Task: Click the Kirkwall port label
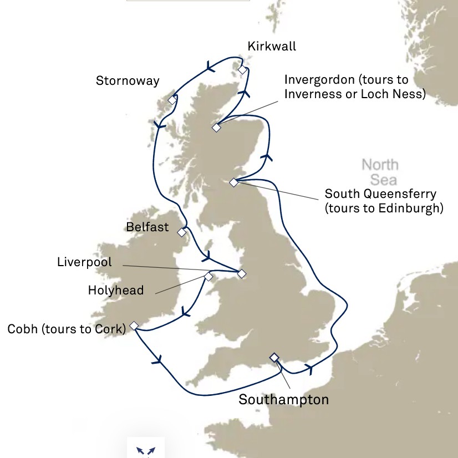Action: (272, 46)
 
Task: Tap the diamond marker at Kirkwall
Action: (242, 70)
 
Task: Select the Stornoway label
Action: (128, 81)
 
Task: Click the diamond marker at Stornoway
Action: (172, 100)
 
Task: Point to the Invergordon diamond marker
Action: (216, 128)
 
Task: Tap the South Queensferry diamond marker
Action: (233, 182)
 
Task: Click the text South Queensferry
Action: (380, 194)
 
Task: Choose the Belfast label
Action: (147, 227)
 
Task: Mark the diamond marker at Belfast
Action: (182, 232)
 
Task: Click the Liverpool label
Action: (84, 262)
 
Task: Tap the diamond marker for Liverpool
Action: (241, 273)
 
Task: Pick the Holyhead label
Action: (116, 290)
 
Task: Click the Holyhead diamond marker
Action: (208, 276)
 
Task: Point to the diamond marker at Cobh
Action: (134, 325)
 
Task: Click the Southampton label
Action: (283, 399)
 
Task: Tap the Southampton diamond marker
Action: (274, 357)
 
